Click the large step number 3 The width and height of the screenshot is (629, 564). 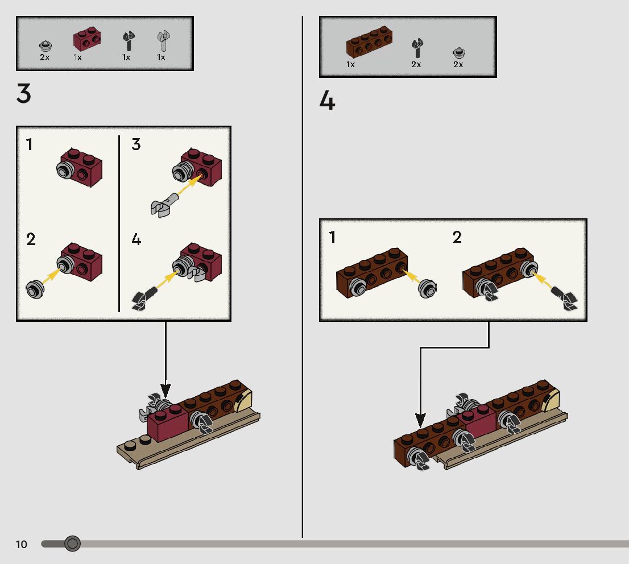coord(23,94)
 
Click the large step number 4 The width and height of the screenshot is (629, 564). coord(327,102)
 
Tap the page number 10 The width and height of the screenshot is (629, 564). coord(21,545)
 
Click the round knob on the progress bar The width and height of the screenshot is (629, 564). coord(72,544)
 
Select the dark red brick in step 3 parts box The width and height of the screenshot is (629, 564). coord(86,39)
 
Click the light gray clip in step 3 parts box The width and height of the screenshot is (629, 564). coord(164,42)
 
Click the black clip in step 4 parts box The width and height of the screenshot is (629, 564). coord(417,48)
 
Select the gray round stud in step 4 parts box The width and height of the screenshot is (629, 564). coord(459,53)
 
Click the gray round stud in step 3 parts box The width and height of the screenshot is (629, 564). coord(45,46)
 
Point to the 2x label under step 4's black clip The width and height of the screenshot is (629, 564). coord(416,65)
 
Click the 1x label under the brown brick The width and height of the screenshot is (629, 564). coord(351,65)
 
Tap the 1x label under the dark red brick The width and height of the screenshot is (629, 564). coord(77,57)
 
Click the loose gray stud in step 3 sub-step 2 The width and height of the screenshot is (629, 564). coord(35,289)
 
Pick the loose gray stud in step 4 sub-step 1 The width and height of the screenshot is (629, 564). coord(427,289)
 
